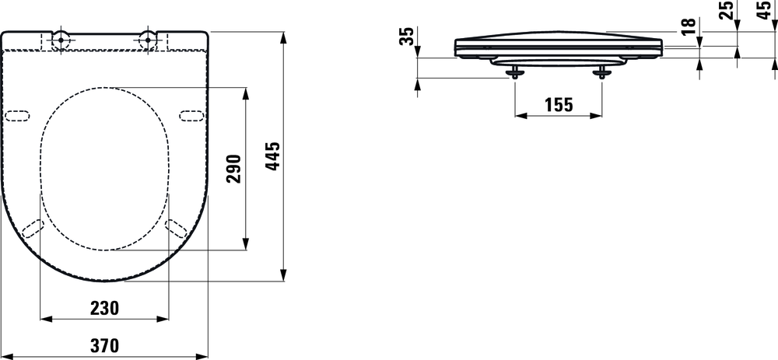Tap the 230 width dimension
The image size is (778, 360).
[105, 308]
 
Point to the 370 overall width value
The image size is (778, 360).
[105, 346]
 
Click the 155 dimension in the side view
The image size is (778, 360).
[559, 105]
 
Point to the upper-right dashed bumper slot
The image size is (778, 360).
[191, 116]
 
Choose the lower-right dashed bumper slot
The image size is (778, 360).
[176, 227]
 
